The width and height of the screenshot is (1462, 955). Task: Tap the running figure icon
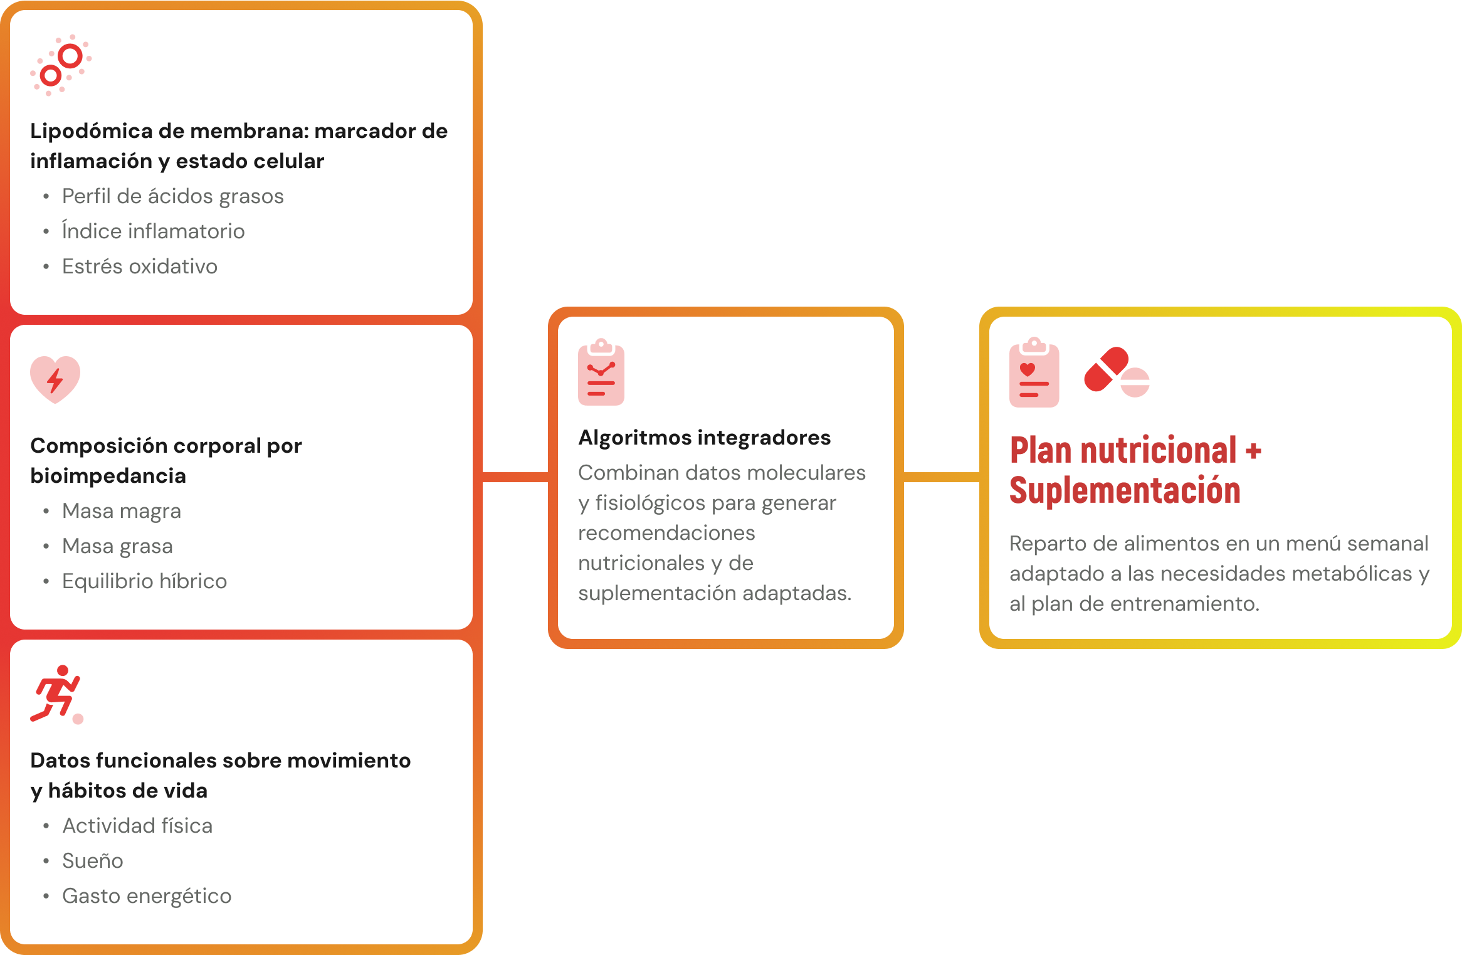(x=56, y=694)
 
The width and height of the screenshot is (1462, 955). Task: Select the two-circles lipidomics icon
(x=61, y=65)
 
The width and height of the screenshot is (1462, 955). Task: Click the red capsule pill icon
(x=1107, y=369)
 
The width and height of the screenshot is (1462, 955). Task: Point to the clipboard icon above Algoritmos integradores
(x=601, y=372)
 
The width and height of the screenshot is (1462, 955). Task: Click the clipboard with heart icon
(x=1034, y=372)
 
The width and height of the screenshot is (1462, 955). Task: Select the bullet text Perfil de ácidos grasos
(x=173, y=196)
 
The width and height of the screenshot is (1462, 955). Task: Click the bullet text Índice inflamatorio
(x=153, y=231)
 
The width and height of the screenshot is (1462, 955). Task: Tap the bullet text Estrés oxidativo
(x=140, y=266)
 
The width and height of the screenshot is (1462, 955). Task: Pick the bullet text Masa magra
(x=122, y=512)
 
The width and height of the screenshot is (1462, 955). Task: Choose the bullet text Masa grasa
(x=117, y=547)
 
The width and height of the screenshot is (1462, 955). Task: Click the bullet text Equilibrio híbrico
(x=144, y=581)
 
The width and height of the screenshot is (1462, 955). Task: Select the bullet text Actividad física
(x=137, y=826)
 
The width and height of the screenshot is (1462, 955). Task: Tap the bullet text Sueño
(x=93, y=861)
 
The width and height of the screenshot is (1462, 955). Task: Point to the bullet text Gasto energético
(x=147, y=897)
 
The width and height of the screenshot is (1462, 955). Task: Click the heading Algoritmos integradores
(x=705, y=438)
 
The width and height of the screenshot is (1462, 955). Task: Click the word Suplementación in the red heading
(x=1125, y=491)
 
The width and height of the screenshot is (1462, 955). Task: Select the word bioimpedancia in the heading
(x=108, y=476)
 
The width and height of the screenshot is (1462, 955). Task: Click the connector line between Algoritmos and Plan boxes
(x=942, y=477)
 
